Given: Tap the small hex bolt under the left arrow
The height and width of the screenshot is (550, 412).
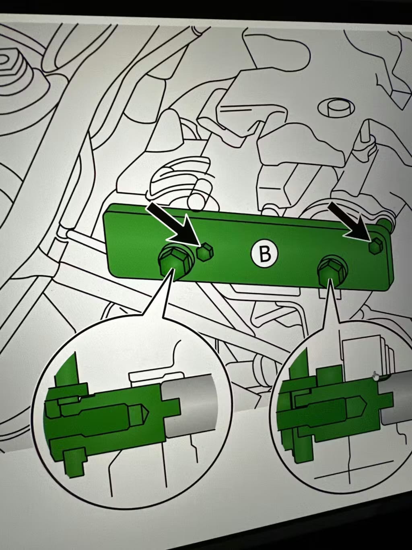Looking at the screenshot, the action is tap(205, 252).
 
